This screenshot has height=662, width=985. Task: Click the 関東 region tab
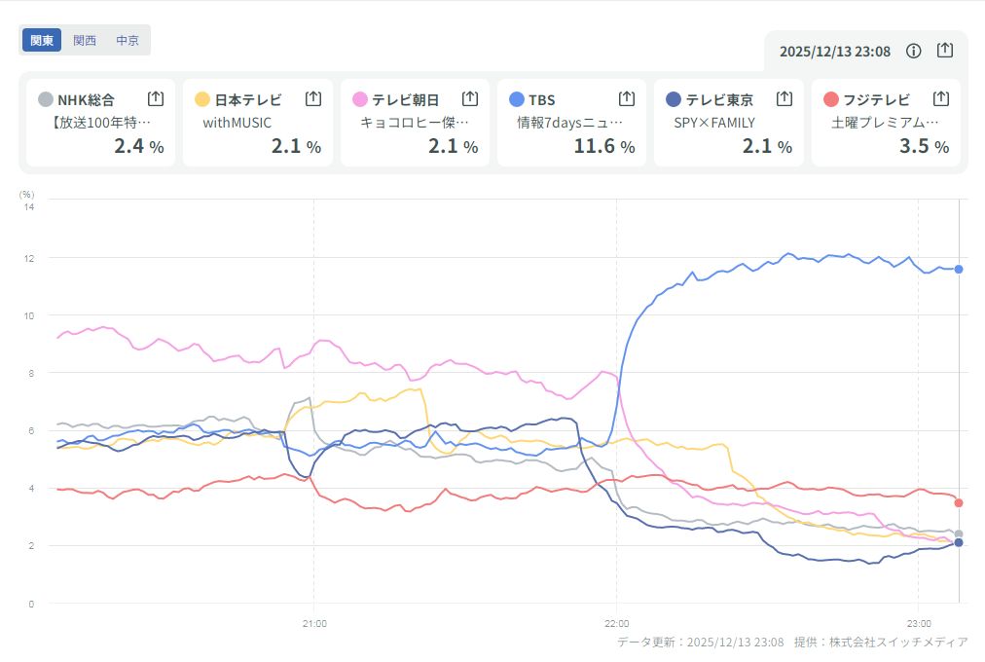42,40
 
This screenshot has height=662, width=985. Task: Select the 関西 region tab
85,40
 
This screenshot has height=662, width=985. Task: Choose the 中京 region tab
128,40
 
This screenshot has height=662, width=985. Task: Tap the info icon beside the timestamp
913,51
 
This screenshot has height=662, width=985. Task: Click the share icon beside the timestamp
945,51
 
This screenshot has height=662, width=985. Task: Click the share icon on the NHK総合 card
156,98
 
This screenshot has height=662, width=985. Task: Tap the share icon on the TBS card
627,98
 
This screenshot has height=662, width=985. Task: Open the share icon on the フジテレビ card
940,98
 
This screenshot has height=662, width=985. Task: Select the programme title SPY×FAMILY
714,123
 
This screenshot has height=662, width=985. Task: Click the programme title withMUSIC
237,123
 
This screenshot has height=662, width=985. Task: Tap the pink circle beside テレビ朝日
360,99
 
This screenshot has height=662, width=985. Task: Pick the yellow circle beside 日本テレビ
202,99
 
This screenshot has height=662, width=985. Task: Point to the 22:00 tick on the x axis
617,623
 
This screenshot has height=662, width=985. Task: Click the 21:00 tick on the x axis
313,623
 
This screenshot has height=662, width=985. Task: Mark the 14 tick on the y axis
29,206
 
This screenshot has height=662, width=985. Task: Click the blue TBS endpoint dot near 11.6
959,269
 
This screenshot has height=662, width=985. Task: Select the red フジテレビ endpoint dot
959,502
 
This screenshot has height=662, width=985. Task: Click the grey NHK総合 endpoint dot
959,533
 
